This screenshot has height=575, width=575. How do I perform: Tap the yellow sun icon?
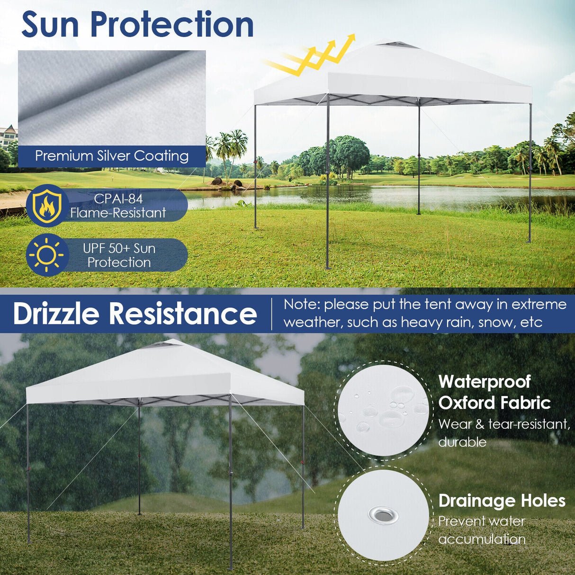46,255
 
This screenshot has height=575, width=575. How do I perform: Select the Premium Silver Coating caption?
112,156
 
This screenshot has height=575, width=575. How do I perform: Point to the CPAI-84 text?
118,198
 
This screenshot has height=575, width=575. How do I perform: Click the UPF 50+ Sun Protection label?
119,255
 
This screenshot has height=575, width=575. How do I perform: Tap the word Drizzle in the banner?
56,314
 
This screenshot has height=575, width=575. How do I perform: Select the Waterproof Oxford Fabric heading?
494,392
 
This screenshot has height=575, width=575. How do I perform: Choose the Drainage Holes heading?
502,501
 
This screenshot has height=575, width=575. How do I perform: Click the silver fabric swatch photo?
112,97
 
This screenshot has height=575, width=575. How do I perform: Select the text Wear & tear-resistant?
504,424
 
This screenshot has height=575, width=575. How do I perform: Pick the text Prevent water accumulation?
482,530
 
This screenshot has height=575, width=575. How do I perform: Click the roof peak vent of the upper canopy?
398,45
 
